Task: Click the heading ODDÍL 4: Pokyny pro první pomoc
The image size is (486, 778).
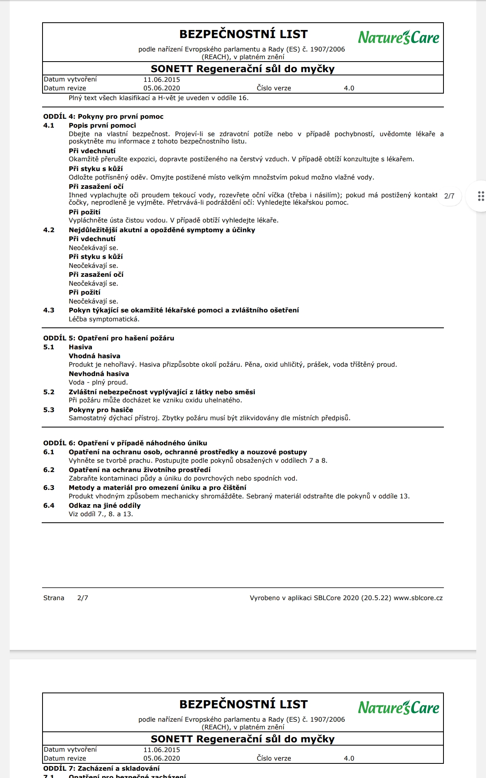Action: [x=103, y=117]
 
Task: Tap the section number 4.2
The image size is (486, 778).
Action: [x=49, y=230]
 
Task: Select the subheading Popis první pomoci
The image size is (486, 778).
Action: [x=102, y=126]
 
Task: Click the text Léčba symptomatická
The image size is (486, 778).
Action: [x=104, y=319]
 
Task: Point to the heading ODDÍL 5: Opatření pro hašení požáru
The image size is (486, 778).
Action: [x=109, y=338]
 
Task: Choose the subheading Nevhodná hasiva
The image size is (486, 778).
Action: [x=99, y=374]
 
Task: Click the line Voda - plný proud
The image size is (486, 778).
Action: [x=98, y=383]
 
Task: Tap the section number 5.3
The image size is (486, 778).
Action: [x=49, y=410]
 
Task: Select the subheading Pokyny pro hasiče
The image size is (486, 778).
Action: [x=101, y=410]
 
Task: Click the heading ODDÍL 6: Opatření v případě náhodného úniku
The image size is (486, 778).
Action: [x=125, y=443]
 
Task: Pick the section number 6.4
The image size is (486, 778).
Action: [x=49, y=506]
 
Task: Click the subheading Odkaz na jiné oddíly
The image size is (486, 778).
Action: [x=104, y=506]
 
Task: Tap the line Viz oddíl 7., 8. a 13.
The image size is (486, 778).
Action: [x=101, y=514]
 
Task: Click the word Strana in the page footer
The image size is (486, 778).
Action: [x=54, y=598]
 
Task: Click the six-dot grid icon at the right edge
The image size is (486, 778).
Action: [x=481, y=196]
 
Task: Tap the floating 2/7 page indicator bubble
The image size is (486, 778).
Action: [x=449, y=196]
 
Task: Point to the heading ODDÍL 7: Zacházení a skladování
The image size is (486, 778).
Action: [x=101, y=768]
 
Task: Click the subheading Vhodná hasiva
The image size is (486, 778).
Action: [x=94, y=356]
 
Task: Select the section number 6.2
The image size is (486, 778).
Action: [x=49, y=470]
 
